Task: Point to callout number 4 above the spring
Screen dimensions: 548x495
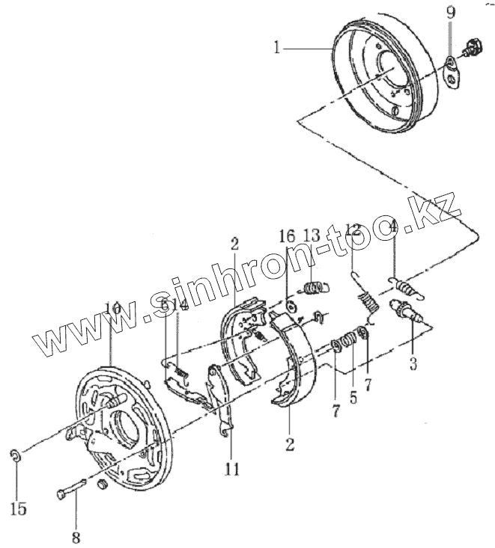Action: tap(394, 226)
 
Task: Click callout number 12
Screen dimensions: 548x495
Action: tap(353, 232)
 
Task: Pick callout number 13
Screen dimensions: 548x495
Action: tap(312, 238)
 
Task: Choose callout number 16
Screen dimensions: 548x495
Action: tap(288, 238)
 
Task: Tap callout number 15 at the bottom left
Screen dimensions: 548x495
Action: tap(19, 508)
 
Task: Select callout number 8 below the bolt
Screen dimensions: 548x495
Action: tap(75, 536)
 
